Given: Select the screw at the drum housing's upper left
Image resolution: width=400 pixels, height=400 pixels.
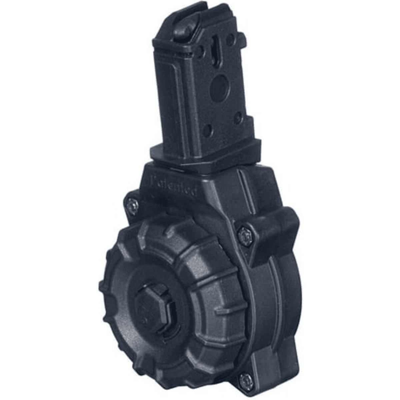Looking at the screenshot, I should [131, 202].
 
